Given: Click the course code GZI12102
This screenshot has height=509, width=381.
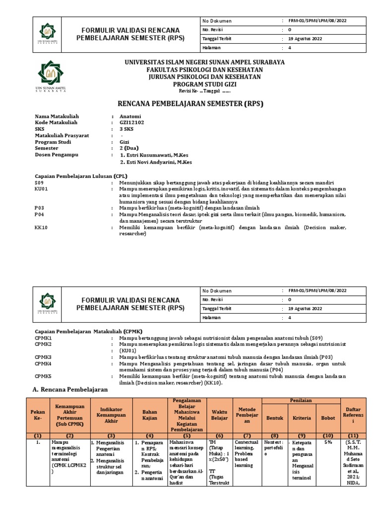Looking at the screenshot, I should point(133,122).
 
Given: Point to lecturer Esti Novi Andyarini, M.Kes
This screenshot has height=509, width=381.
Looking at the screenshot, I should point(158,162).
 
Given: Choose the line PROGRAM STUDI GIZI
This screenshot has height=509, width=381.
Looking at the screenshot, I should point(204,84).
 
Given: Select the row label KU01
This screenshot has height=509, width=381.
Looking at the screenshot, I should point(41,189).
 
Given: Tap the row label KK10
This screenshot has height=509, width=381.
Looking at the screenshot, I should point(41,227).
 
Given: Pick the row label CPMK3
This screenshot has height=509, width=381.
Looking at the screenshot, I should point(44,357).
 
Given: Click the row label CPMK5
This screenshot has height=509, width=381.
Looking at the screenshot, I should point(44,376).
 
